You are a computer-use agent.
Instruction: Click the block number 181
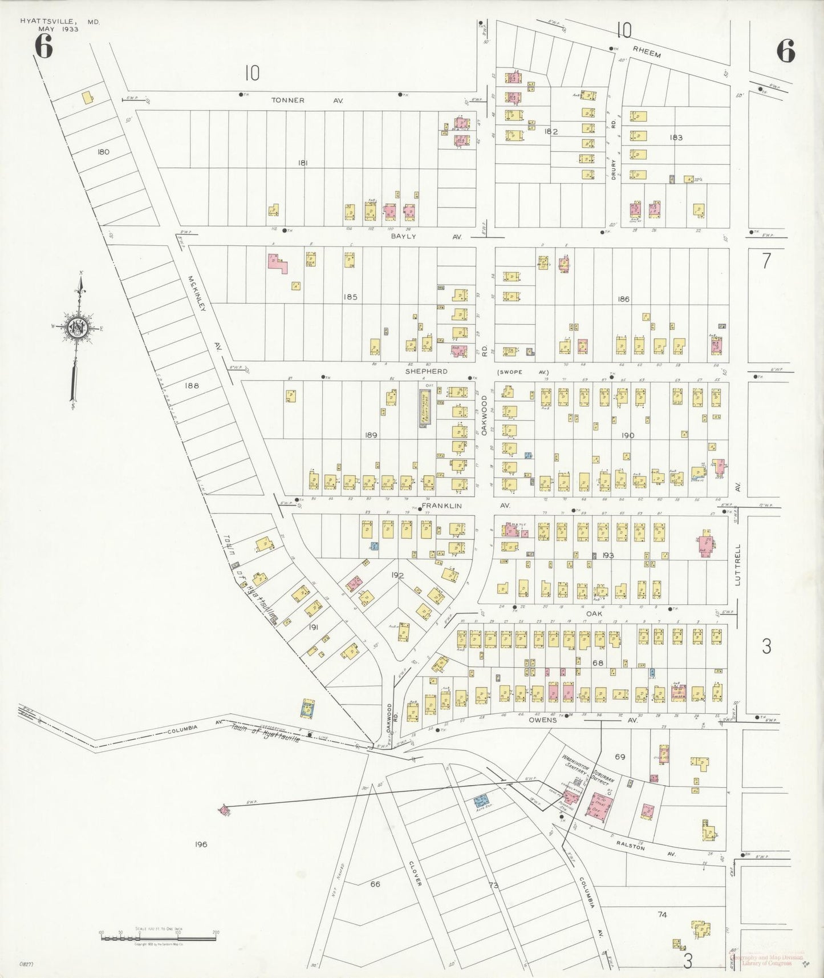point(303,163)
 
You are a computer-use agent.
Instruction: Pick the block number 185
point(350,297)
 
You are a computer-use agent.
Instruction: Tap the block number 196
point(200,844)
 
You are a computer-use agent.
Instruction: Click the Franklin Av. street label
point(456,506)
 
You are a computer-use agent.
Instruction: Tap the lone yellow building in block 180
point(88,98)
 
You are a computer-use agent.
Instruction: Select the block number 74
point(661,915)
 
